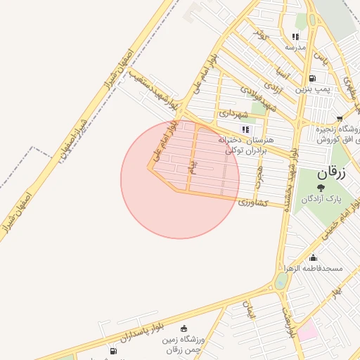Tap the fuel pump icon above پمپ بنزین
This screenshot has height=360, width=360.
[x=311, y=78]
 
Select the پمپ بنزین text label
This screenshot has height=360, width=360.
[x=311, y=90]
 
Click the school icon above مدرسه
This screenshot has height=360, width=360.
[x=295, y=37]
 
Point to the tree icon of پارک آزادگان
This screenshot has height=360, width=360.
[x=321, y=188]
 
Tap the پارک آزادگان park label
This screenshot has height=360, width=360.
[x=321, y=199]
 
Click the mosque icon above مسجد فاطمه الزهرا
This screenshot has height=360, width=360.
[x=313, y=257]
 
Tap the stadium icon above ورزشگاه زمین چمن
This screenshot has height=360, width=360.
[x=184, y=328]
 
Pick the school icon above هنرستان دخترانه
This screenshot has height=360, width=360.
[x=245, y=129]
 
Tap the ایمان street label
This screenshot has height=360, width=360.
[x=247, y=310]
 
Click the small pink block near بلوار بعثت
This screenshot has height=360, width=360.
[x=307, y=330]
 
